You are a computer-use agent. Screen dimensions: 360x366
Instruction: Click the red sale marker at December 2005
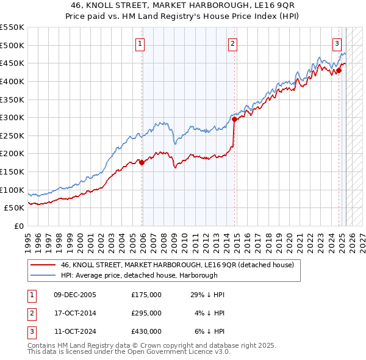(142, 162)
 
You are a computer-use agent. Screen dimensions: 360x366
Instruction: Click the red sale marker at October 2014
(234, 120)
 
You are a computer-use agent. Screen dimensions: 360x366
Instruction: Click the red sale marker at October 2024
(339, 70)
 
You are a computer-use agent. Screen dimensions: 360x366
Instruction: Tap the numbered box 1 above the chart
(140, 43)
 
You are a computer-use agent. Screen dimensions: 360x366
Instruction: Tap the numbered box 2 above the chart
(233, 43)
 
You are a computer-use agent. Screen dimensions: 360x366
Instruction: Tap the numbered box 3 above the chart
(337, 43)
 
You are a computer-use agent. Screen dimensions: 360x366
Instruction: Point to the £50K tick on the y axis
(14, 208)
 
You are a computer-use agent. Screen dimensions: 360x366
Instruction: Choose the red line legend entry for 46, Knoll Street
(177, 265)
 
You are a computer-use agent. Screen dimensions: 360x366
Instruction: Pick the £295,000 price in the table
(146, 313)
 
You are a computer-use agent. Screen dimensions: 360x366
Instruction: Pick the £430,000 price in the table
(146, 331)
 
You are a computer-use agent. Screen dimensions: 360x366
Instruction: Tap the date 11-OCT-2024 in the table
(74, 331)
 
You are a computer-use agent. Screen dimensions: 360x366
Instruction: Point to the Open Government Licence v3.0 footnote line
(129, 352)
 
